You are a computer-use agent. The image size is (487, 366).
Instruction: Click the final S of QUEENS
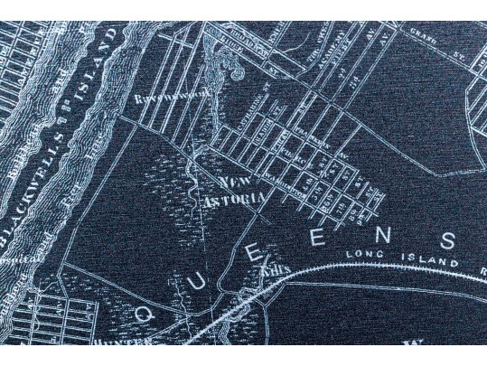click(449, 240)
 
